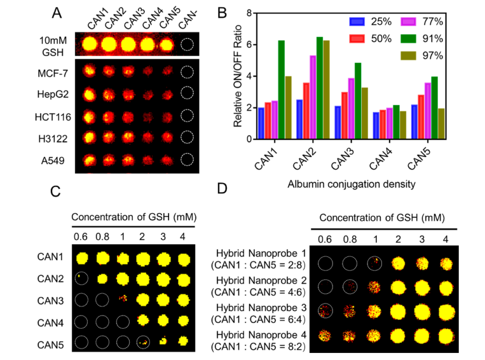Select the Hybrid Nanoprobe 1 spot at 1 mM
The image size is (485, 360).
pos(374,263)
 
